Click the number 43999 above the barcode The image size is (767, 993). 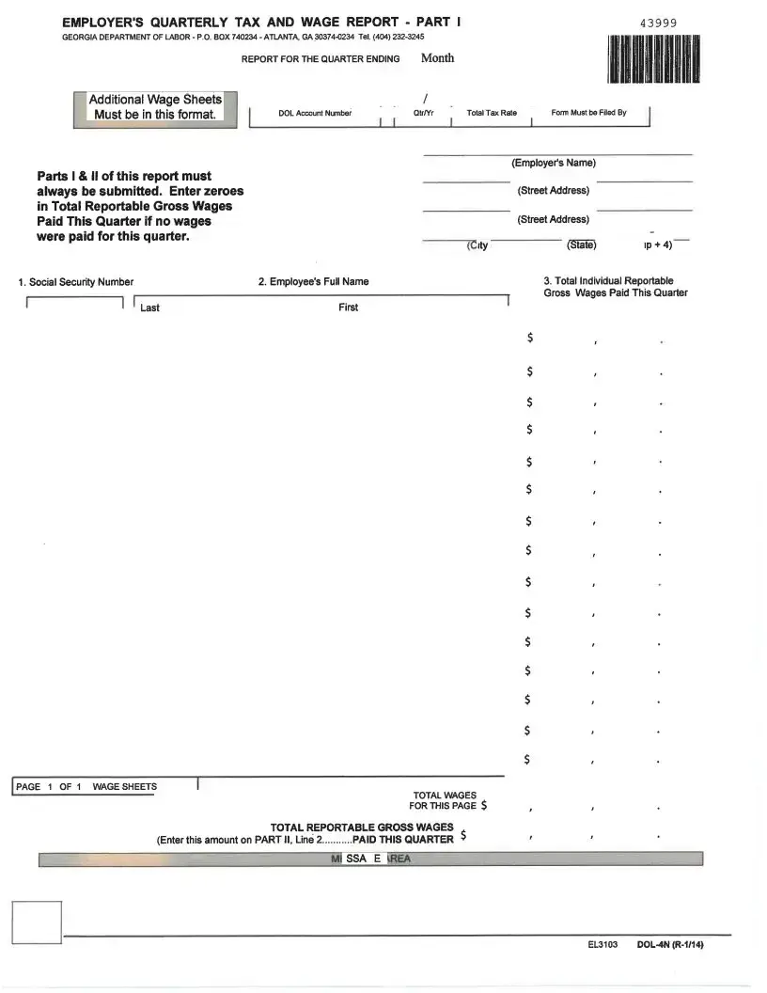(x=657, y=24)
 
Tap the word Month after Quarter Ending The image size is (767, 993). (x=437, y=58)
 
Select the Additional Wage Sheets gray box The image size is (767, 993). (x=155, y=108)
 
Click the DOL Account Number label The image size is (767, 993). (x=315, y=113)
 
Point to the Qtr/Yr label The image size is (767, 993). (x=424, y=113)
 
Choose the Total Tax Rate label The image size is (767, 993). (x=492, y=113)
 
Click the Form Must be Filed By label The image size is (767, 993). (x=588, y=113)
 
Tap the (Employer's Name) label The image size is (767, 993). (x=554, y=163)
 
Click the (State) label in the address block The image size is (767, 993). (x=581, y=245)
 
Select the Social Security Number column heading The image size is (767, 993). (x=76, y=282)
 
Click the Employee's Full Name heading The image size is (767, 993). (x=313, y=282)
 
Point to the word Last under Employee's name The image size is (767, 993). (x=149, y=308)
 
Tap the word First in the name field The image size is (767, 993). (x=348, y=307)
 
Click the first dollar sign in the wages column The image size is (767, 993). (x=530, y=338)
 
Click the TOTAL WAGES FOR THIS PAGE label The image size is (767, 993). (x=444, y=800)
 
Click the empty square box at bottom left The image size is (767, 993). (x=37, y=922)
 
